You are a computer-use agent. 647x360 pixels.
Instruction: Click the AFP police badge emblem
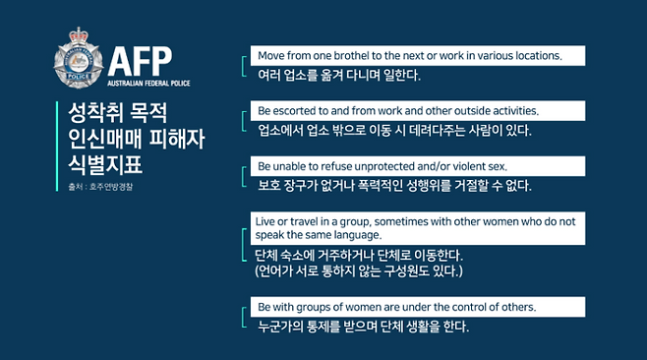tap(79, 59)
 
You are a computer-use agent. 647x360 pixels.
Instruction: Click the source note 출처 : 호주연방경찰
tap(93, 186)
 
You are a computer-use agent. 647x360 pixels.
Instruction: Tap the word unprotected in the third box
tap(405, 166)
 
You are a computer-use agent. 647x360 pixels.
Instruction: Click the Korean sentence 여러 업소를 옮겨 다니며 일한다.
tap(338, 75)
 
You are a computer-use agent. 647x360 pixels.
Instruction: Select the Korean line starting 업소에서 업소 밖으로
tap(393, 130)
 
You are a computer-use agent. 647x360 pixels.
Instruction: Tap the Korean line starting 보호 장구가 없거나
tap(393, 185)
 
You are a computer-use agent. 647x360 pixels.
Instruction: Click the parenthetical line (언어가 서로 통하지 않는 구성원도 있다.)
tap(358, 270)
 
